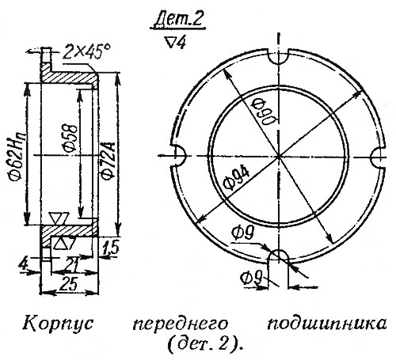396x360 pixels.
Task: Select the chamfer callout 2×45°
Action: [x=86, y=53]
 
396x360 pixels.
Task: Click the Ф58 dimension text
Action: [x=70, y=138]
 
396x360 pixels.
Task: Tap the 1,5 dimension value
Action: [x=110, y=248]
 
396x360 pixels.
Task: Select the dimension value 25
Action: [x=69, y=284]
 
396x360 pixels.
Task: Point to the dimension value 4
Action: [x=25, y=263]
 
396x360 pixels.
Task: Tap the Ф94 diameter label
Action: [x=237, y=180]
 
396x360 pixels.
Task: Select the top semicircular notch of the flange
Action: [x=278, y=58]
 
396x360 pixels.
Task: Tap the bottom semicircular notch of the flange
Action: [x=278, y=256]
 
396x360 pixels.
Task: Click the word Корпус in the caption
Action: [x=59, y=323]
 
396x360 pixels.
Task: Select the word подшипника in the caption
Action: [x=326, y=324]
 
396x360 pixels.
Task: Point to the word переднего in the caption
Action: [x=180, y=324]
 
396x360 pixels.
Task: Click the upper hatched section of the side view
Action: [x=69, y=78]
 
